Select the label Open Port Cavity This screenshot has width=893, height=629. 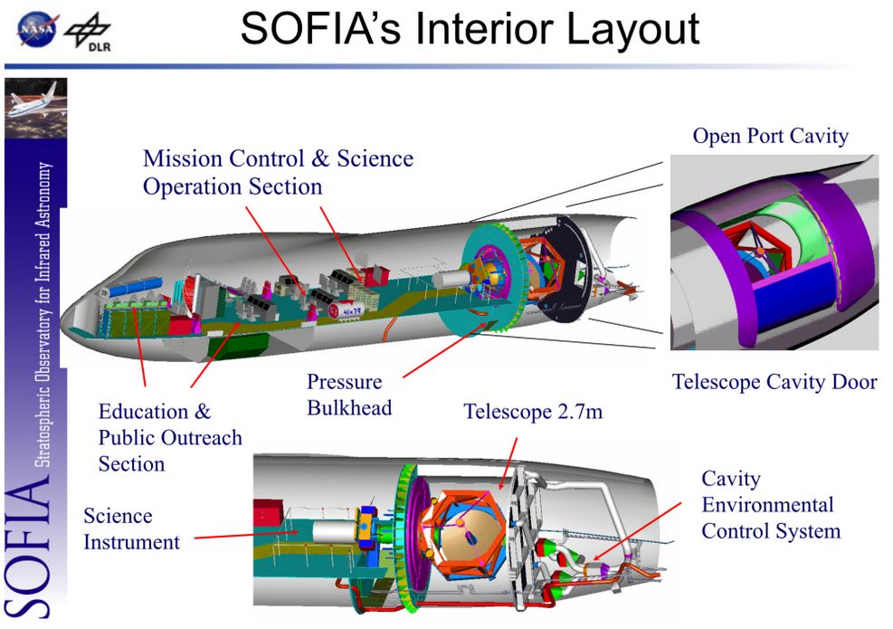pyautogui.click(x=770, y=137)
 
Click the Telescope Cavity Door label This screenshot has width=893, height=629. pyautogui.click(x=774, y=382)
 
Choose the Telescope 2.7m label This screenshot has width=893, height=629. pyautogui.click(x=533, y=413)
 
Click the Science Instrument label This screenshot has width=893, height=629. pyautogui.click(x=131, y=529)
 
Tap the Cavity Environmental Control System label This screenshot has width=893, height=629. pyautogui.click(x=770, y=504)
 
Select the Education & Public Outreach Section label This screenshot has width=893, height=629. pyautogui.click(x=170, y=438)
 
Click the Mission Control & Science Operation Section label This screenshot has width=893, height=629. pyautogui.click(x=278, y=172)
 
